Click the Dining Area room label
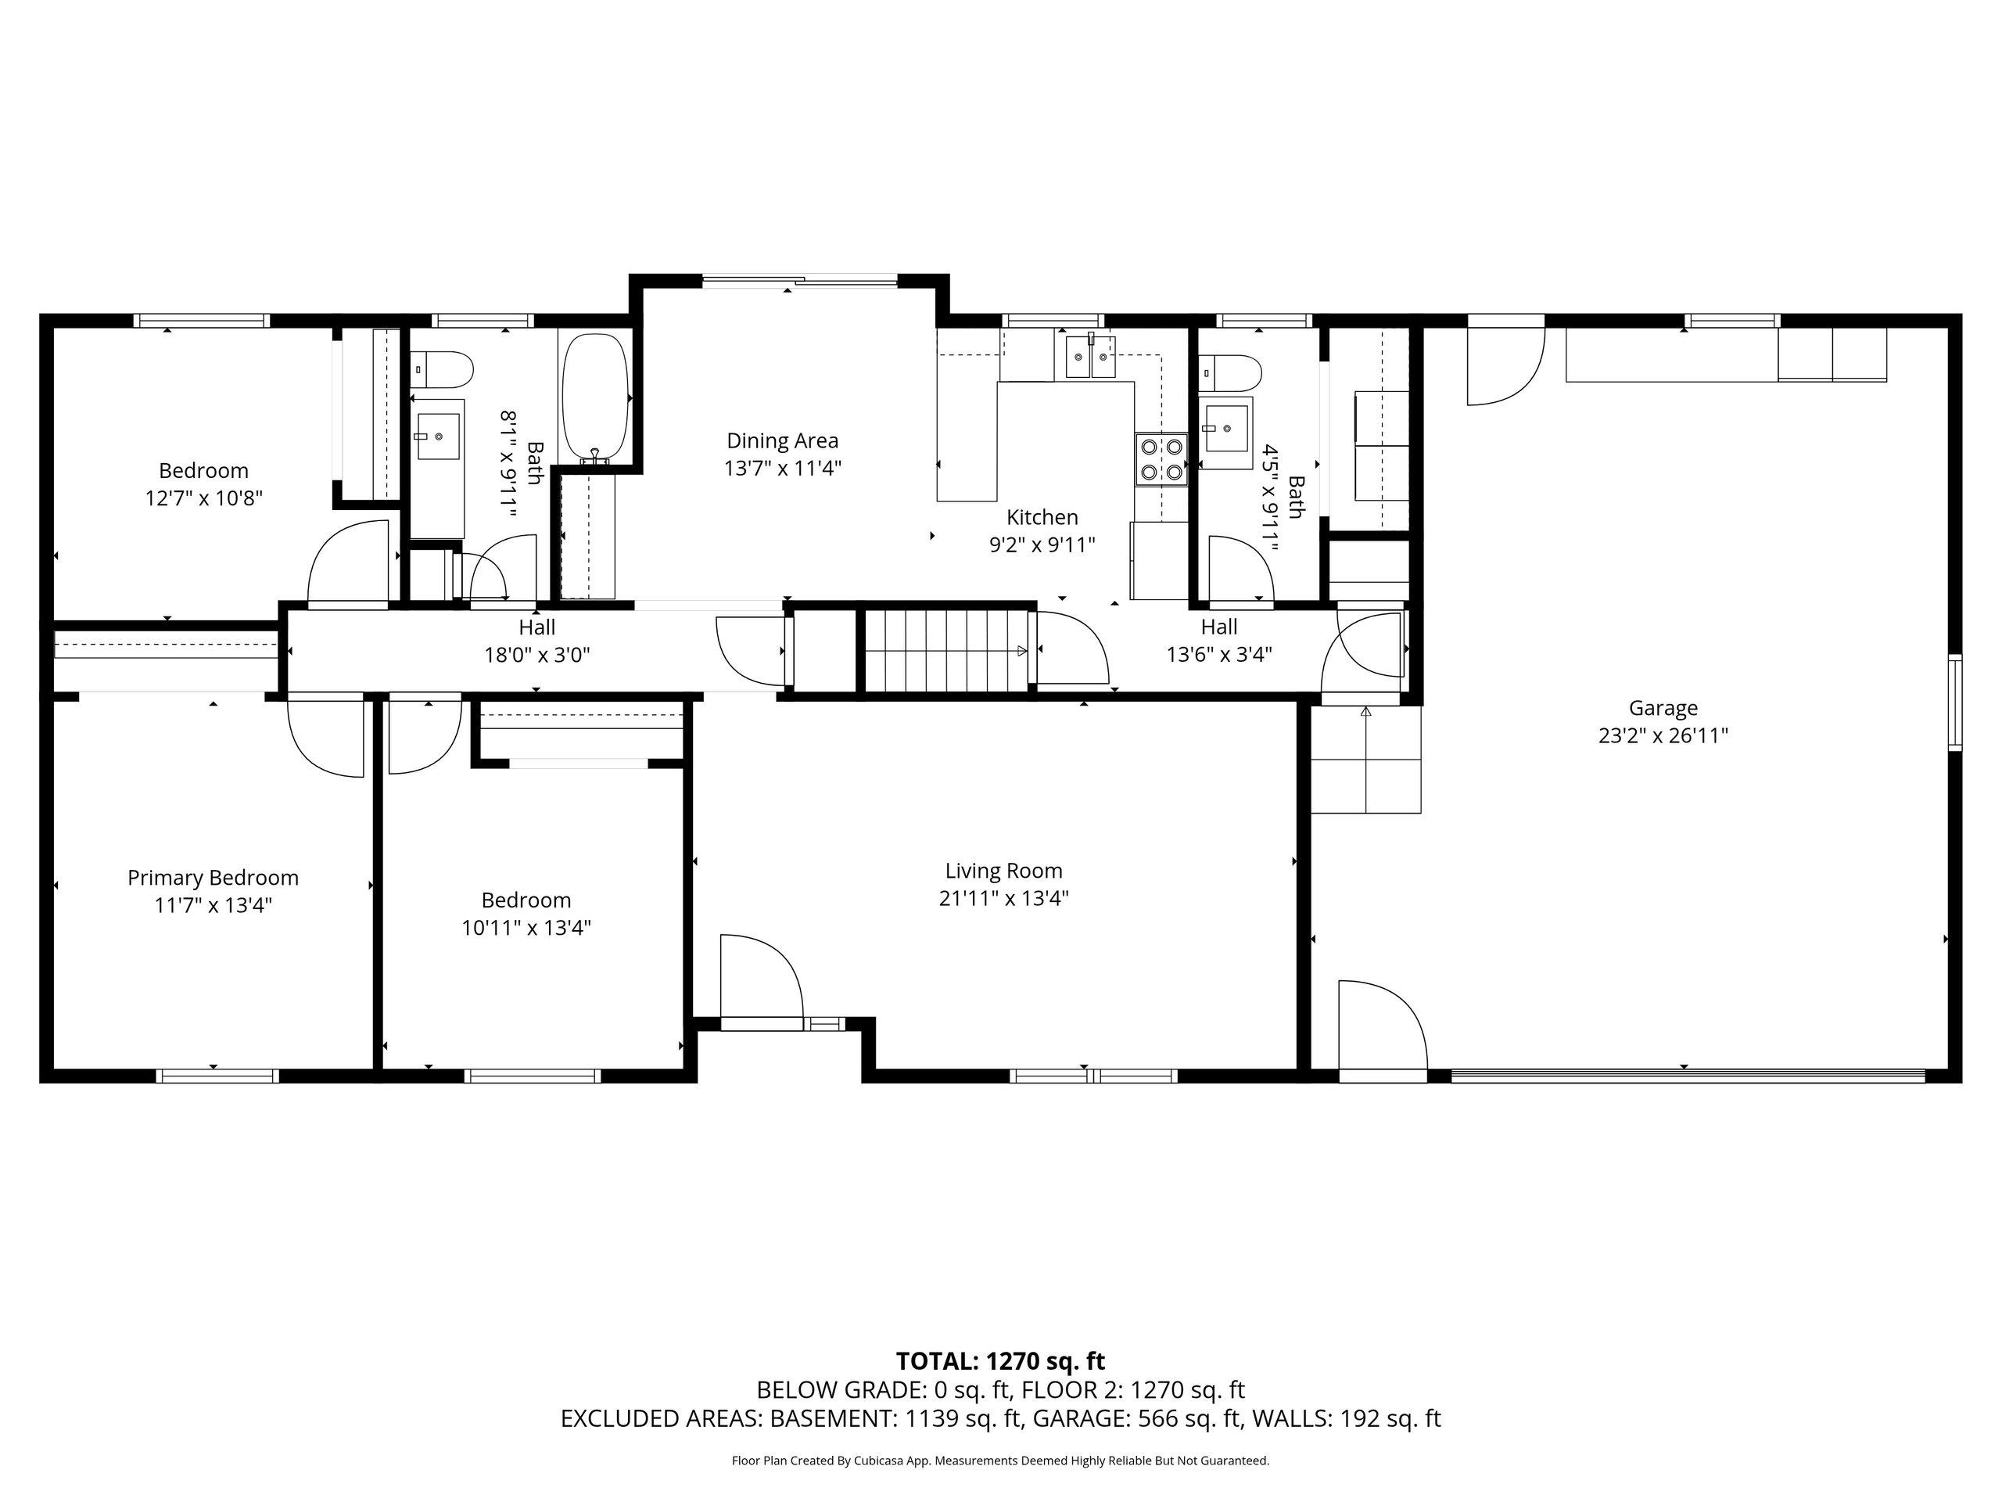pyautogui.click(x=782, y=441)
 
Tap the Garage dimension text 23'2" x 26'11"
pyautogui.click(x=1663, y=736)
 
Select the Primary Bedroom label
pyautogui.click(x=213, y=879)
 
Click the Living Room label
pyautogui.click(x=1003, y=871)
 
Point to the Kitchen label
pyautogui.click(x=1042, y=518)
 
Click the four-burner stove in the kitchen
pyautogui.click(x=1162, y=459)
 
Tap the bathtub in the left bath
pyautogui.click(x=594, y=398)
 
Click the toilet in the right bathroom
pyautogui.click(x=1230, y=372)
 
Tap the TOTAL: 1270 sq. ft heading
pyautogui.click(x=1000, y=1360)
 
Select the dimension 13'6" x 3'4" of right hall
pyautogui.click(x=1219, y=655)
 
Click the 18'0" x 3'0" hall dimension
pyautogui.click(x=536, y=655)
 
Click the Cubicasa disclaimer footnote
pyautogui.click(x=1000, y=1461)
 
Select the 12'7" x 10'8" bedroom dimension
pyautogui.click(x=203, y=498)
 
